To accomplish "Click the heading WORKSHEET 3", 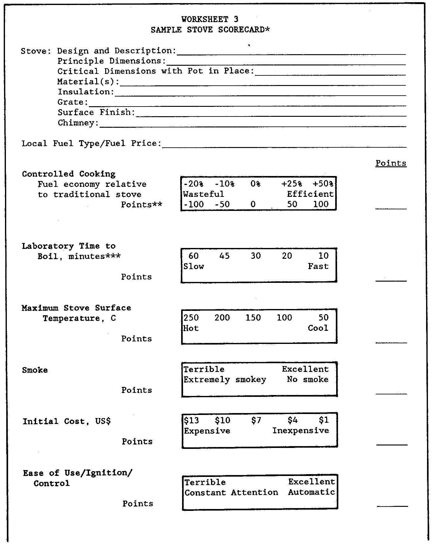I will point(210,19).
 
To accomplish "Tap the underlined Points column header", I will point(391,163).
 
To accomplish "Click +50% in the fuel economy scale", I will point(323,184).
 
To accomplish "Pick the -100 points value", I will point(193,204).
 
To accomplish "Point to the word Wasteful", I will point(204,194).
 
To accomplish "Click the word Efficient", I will point(310,194).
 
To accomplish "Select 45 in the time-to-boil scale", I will point(224,256).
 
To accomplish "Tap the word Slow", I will point(194,267).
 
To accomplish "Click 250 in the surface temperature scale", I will point(191,318).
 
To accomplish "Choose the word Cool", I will point(318,328).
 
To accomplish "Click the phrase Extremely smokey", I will point(225,380).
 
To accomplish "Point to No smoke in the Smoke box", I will point(308,379).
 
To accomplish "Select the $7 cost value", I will point(256,421).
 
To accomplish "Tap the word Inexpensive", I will point(301,431).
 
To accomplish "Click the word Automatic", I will point(311,492).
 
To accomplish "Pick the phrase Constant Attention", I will point(231,493).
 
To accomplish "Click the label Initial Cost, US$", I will point(67,421).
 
